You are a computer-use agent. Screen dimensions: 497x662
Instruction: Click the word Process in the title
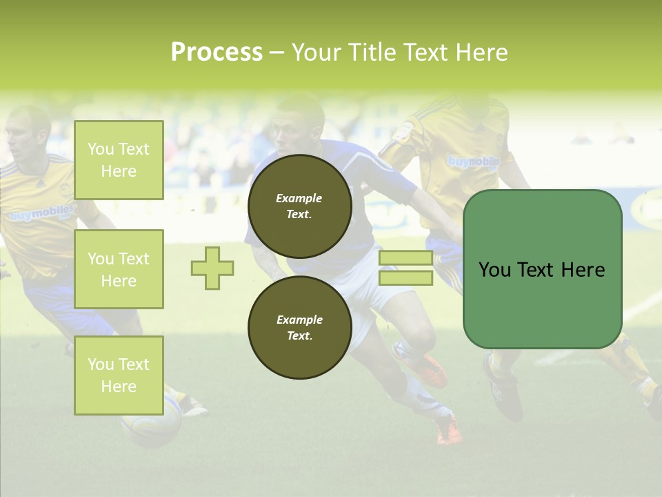217,52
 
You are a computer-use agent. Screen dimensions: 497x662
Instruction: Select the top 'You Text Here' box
119,160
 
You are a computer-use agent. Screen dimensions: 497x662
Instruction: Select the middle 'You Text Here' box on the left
119,269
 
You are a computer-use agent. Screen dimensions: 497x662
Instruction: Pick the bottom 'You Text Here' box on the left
119,375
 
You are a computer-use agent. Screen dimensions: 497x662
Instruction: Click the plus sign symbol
212,268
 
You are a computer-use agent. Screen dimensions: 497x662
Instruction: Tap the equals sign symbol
406,268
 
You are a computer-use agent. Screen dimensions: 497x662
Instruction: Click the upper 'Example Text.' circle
299,206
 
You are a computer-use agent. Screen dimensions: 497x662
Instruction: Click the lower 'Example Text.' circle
299,327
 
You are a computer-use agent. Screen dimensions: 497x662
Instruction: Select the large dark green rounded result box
542,269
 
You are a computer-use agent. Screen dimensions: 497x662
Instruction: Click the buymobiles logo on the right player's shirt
474,162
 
